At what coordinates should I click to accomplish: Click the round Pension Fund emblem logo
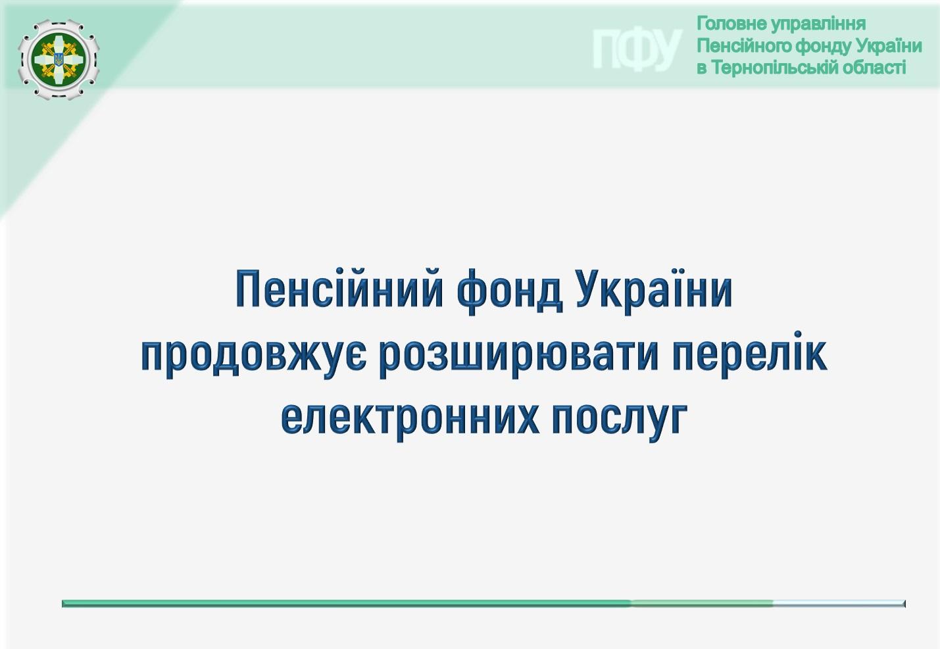point(59,60)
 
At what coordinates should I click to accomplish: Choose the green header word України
point(889,46)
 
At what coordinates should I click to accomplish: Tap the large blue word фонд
point(509,291)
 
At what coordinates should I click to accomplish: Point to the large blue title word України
point(655,289)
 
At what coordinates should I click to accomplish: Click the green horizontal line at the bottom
point(483,603)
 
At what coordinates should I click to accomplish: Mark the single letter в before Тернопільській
point(702,68)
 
